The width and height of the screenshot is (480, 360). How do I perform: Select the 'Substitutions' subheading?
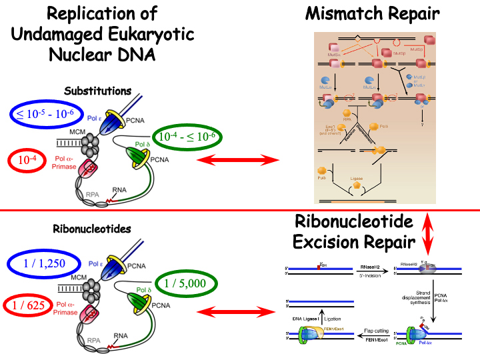click(98, 91)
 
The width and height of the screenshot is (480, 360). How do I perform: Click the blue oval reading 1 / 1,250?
click(45, 263)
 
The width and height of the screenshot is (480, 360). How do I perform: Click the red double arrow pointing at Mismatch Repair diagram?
click(241, 159)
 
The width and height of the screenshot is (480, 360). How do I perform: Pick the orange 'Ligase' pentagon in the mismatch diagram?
click(357, 186)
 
